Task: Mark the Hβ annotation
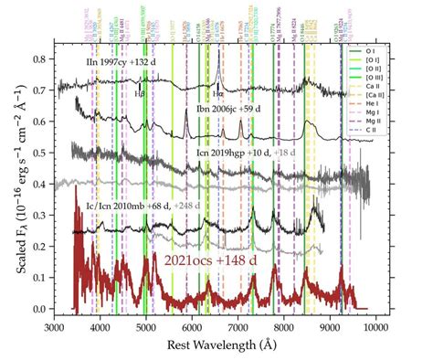(x=140, y=93)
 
